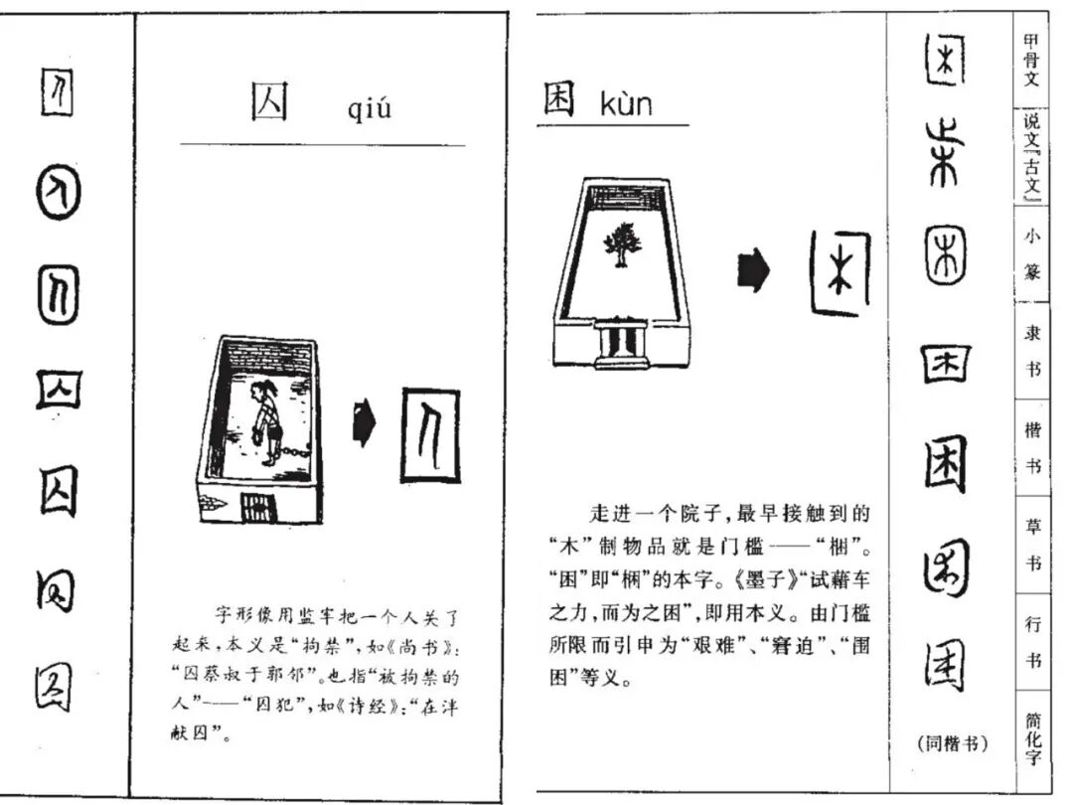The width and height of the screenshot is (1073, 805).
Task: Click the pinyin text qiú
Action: pos(370,107)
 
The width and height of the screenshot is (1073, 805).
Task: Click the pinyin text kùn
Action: pos(626,102)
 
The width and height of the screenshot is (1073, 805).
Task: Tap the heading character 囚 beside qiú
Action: pos(269,102)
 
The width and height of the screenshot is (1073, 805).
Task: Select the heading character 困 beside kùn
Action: pos(558,99)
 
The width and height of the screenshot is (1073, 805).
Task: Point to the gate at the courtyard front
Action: pos(621,341)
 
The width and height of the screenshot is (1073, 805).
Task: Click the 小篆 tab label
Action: pos(1032,253)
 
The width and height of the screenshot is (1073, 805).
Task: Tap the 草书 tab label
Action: pos(1032,545)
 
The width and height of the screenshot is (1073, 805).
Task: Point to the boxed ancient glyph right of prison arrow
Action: pos(430,435)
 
